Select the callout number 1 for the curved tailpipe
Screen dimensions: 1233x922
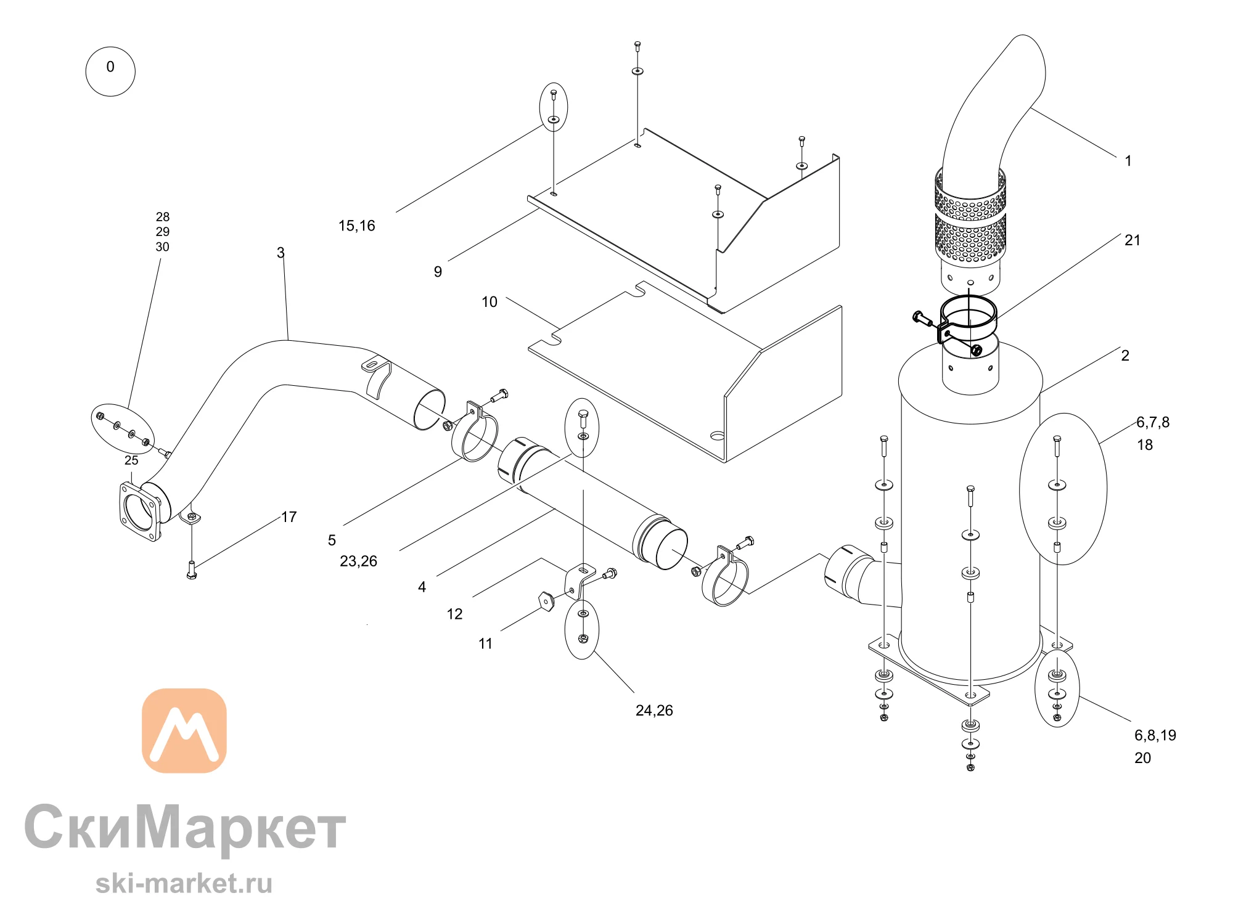[x=1128, y=161]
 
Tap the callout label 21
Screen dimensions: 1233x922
[x=1133, y=240]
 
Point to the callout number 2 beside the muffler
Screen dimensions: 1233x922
[x=1125, y=356]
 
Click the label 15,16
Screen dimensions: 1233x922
[x=356, y=226]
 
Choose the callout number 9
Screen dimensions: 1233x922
[x=438, y=272]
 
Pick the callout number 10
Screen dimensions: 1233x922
[x=489, y=302]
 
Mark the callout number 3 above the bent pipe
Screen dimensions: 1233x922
[x=281, y=253]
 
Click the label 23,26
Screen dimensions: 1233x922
[x=358, y=561]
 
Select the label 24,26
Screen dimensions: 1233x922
[x=654, y=711]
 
